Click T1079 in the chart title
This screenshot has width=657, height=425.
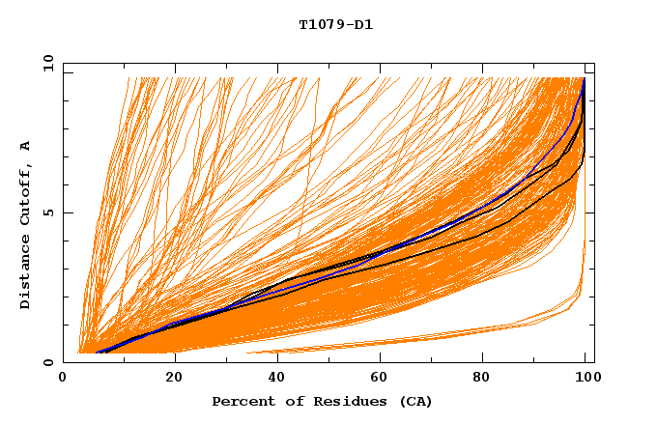[x=320, y=24]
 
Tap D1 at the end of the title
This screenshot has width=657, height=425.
[x=362, y=24]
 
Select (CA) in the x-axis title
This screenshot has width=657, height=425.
[x=414, y=401]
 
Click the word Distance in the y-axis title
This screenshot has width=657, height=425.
[x=26, y=276]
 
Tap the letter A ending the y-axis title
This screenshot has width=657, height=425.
[x=26, y=145]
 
